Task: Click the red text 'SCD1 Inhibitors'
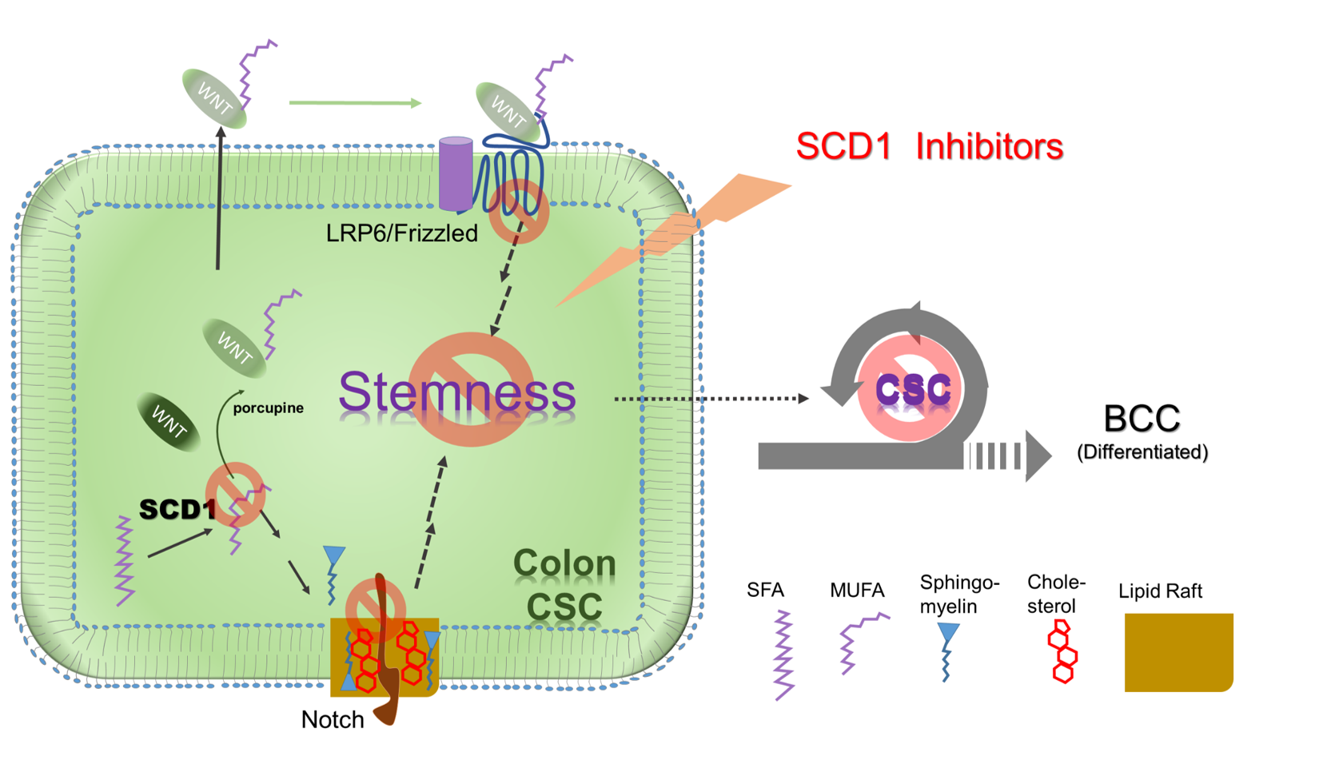coord(929,146)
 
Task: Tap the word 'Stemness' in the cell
coord(456,392)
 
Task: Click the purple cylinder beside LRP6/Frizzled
coord(456,173)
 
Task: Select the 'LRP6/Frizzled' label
coord(401,233)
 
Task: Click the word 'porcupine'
coord(268,408)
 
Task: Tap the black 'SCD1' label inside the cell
coord(177,509)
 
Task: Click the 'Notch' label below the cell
coord(333,719)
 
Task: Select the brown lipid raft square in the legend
coord(1178,652)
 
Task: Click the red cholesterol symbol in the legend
coord(1062,651)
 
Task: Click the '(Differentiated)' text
coord(1142,452)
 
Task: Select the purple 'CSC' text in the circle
coord(913,390)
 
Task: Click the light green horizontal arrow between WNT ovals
coord(354,102)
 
